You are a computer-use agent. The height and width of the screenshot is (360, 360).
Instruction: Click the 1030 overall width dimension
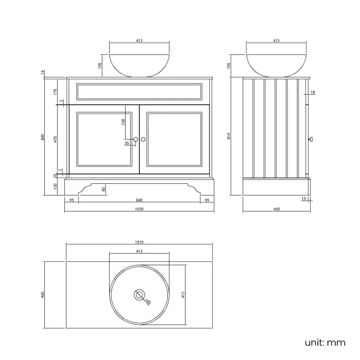[x=139, y=209]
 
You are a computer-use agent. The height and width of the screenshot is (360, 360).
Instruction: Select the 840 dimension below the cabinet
[x=139, y=199]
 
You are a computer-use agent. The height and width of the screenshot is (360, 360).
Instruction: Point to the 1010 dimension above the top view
[x=139, y=241]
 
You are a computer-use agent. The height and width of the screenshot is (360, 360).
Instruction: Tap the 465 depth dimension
[x=276, y=209]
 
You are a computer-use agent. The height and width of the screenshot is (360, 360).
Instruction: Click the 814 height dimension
[x=229, y=137]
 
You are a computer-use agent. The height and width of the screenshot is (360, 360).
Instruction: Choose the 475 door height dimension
[x=55, y=140]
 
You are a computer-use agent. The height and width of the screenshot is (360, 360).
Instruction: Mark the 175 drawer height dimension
[x=55, y=91]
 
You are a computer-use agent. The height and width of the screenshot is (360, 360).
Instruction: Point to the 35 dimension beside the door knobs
[x=127, y=143]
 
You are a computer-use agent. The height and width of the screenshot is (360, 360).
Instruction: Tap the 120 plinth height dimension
[x=55, y=187]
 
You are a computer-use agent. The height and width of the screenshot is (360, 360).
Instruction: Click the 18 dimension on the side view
[x=313, y=92]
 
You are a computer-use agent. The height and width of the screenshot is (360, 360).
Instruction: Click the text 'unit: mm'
[x=325, y=342]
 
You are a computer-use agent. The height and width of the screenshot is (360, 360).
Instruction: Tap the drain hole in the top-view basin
[x=139, y=294]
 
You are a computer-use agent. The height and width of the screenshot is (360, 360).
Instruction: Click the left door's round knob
[x=135, y=140]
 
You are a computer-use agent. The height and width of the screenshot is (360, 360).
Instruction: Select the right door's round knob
[x=143, y=140]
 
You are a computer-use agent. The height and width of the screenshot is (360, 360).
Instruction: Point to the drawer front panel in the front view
[x=139, y=91]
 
